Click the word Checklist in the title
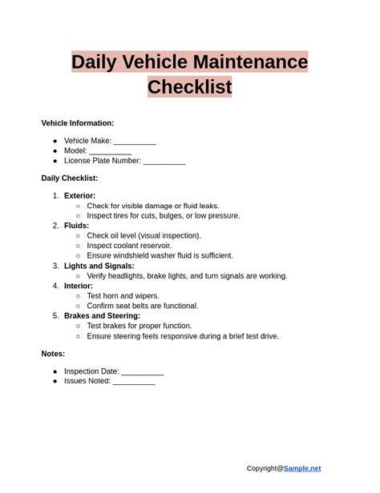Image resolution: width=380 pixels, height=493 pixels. click(x=189, y=86)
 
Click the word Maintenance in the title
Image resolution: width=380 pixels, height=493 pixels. click(x=251, y=62)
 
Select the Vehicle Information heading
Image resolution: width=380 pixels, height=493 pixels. click(x=78, y=123)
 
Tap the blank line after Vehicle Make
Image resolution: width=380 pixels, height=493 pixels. click(x=135, y=142)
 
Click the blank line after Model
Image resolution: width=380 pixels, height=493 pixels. click(x=110, y=151)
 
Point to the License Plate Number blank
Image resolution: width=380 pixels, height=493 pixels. click(x=164, y=161)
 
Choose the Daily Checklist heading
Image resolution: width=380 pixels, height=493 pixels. click(x=70, y=178)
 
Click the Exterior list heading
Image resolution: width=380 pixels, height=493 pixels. click(x=79, y=196)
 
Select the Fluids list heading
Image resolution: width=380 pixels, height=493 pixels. click(x=76, y=226)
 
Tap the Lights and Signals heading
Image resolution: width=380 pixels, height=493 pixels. click(x=99, y=266)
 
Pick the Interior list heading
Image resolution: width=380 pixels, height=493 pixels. click(x=79, y=286)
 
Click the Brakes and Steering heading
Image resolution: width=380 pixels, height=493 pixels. click(x=102, y=315)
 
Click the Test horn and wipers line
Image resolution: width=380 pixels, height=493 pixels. click(x=123, y=296)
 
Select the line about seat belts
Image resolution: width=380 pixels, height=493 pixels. click(x=142, y=306)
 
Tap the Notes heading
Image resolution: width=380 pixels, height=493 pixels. click(x=53, y=354)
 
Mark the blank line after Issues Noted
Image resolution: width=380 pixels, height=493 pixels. click(x=134, y=382)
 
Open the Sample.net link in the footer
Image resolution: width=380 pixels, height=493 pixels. click(x=302, y=468)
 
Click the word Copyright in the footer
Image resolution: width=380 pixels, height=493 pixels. click(x=265, y=468)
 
